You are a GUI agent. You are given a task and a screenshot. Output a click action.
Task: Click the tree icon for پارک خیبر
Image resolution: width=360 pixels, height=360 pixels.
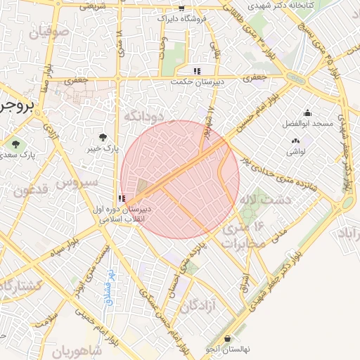(x=104, y=137)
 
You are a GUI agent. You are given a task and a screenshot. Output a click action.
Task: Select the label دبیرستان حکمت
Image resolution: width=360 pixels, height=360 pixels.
(x=198, y=82)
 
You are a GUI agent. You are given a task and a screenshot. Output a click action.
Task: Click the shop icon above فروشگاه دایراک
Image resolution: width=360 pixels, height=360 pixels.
(x=181, y=8)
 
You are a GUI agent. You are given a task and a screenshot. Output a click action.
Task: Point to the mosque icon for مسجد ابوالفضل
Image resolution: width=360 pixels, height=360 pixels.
(x=307, y=112)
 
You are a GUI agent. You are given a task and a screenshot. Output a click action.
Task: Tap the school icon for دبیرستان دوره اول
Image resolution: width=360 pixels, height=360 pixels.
(x=122, y=198)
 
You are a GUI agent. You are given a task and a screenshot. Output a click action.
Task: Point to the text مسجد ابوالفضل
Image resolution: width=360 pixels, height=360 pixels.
(x=309, y=124)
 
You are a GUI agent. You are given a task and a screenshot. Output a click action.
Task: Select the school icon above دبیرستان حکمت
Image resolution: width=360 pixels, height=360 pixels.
(x=198, y=71)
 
